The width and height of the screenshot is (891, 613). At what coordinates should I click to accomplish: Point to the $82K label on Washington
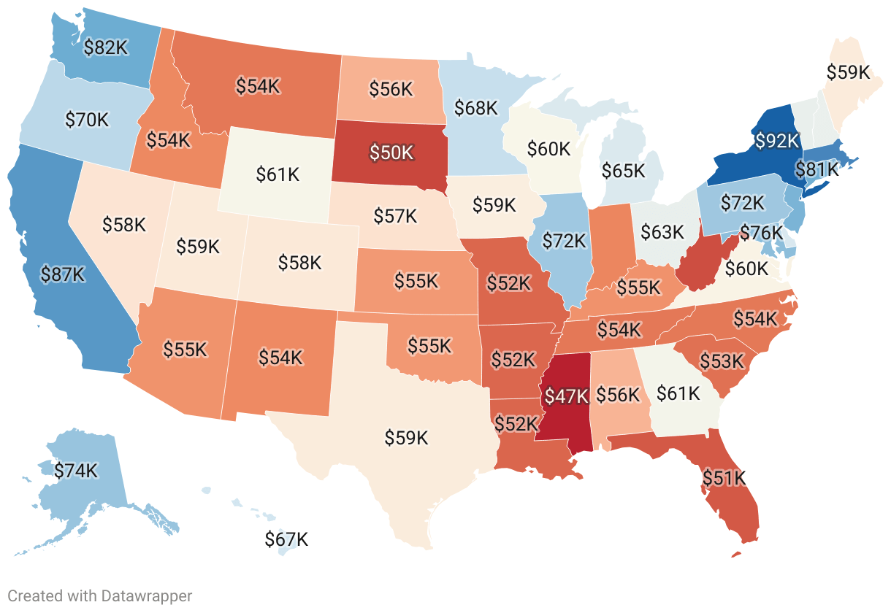coord(106,47)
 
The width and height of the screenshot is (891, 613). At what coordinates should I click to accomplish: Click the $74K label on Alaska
coord(76,471)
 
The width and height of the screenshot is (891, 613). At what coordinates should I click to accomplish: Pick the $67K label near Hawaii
coord(286,540)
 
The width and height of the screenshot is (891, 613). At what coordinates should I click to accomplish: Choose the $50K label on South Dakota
coord(391,153)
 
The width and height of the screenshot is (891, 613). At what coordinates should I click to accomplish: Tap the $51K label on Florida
coord(724,478)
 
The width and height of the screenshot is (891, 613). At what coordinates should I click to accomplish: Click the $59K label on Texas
coord(406,438)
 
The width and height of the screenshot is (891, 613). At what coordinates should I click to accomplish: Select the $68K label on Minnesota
coord(475,108)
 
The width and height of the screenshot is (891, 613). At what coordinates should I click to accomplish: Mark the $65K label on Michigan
coord(623,171)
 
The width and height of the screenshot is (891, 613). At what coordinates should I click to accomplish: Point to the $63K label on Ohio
coord(662,232)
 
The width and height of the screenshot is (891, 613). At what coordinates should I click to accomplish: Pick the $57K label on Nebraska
coord(395,216)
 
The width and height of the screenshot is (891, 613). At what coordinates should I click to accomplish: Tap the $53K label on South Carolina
coord(722,361)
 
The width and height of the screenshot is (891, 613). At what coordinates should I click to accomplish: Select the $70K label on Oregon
coord(87,120)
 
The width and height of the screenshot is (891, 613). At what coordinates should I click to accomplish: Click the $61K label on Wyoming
coord(278,174)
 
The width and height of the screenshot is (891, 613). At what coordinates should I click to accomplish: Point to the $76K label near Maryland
coord(761,233)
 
